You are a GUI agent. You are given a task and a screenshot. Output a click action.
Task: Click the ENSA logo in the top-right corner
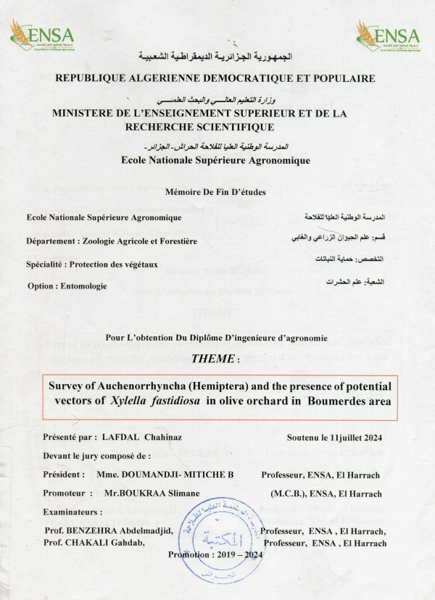388,35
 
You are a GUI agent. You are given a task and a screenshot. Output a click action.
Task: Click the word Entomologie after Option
83,286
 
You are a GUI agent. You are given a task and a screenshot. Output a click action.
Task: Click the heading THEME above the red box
213,358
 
